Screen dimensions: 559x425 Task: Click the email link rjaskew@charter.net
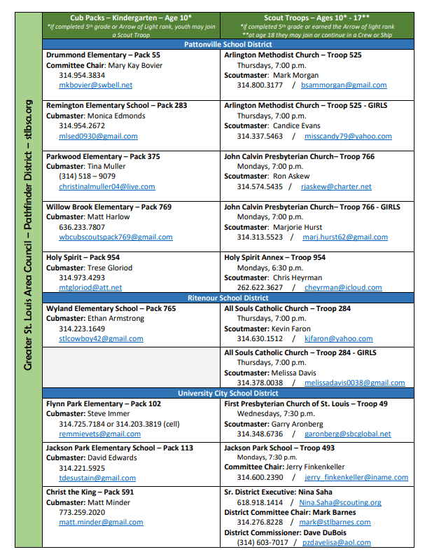click(336, 186)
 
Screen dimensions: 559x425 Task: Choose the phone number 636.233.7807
click(82, 227)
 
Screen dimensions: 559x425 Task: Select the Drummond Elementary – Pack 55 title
click(103, 55)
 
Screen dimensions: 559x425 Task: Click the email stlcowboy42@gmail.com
click(101, 338)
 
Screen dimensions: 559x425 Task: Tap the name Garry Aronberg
click(297, 425)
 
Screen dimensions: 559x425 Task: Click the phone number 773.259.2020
click(82, 512)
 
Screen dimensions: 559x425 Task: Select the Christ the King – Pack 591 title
click(90, 492)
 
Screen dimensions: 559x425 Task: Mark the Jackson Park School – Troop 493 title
click(279, 448)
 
